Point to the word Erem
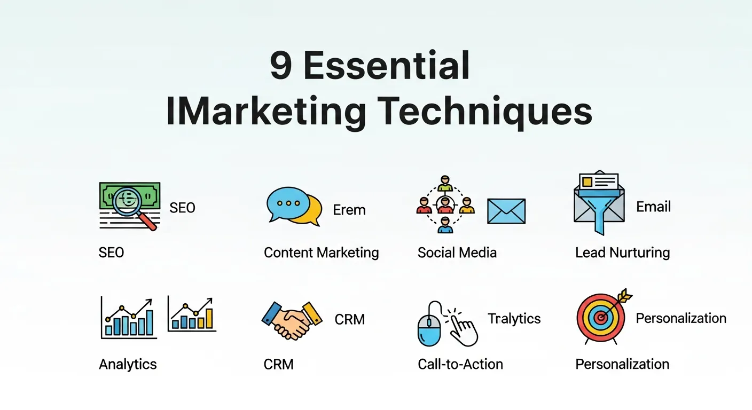point(349,210)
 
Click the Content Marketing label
point(321,253)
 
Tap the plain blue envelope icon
point(506,211)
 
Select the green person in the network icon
point(445,183)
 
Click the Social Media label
point(457,253)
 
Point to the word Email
point(653,207)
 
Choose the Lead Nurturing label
point(622,253)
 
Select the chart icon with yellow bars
point(192,314)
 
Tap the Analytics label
point(128,365)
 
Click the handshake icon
point(292,320)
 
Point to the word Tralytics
point(514,319)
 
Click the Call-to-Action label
point(460,365)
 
